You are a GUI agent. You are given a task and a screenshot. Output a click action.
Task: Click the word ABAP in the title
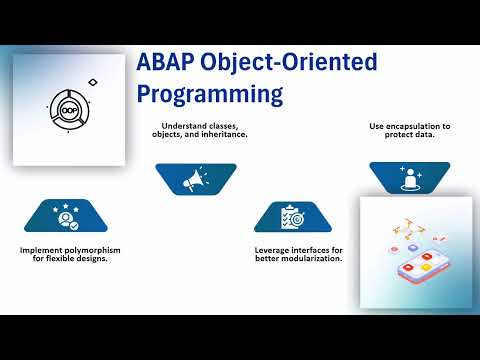click(x=168, y=64)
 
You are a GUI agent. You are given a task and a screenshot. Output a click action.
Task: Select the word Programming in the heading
click(x=209, y=95)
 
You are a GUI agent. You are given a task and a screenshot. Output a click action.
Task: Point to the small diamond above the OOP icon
click(x=93, y=79)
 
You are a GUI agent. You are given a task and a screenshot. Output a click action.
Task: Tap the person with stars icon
click(x=66, y=217)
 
